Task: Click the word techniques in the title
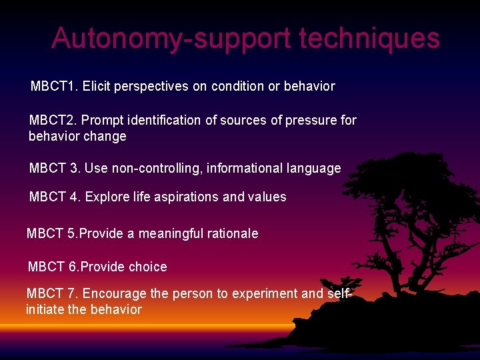[x=369, y=39]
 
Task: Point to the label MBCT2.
[x=53, y=121]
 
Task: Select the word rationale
[x=234, y=234]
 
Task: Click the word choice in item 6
[x=147, y=267]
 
